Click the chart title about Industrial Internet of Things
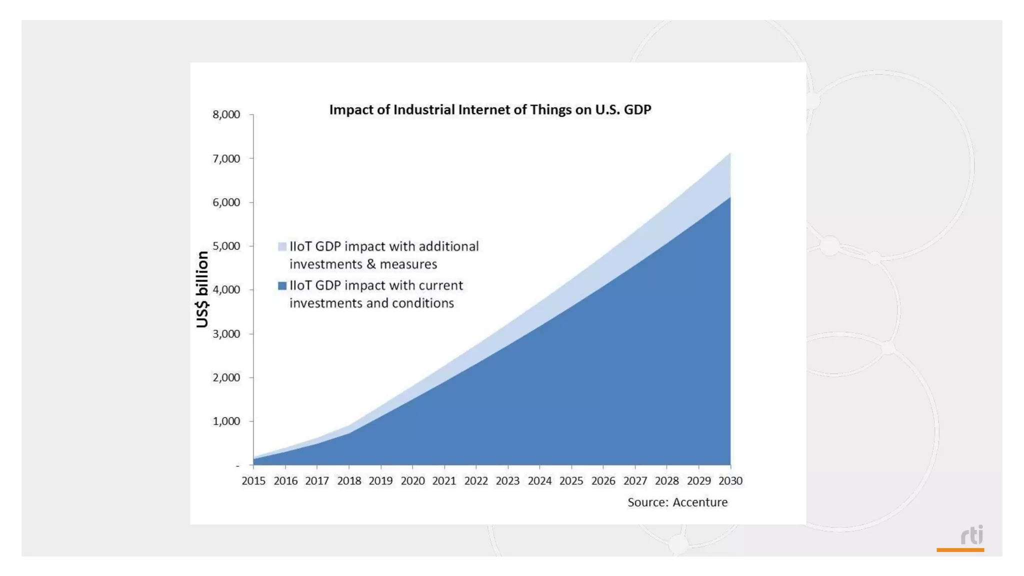pyautogui.click(x=490, y=110)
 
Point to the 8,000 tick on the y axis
pyautogui.click(x=226, y=114)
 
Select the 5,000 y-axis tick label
pyautogui.click(x=226, y=246)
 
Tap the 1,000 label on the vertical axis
pyautogui.click(x=226, y=421)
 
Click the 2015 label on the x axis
pyautogui.click(x=253, y=481)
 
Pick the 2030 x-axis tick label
pyautogui.click(x=730, y=481)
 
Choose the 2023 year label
pyautogui.click(x=507, y=481)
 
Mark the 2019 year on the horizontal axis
pyautogui.click(x=380, y=481)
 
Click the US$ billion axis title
pyautogui.click(x=202, y=289)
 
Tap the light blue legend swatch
pyautogui.click(x=282, y=246)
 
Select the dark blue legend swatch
pyautogui.click(x=282, y=285)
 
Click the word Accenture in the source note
pyautogui.click(x=700, y=502)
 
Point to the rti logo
pyautogui.click(x=972, y=535)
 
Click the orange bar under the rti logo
pyautogui.click(x=960, y=550)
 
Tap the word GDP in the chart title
pyautogui.click(x=637, y=110)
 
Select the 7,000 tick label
pyautogui.click(x=226, y=158)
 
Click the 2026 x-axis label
pyautogui.click(x=603, y=481)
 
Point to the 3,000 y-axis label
pyautogui.click(x=226, y=333)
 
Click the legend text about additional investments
pyautogui.click(x=384, y=255)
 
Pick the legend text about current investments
pyautogui.click(x=376, y=294)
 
